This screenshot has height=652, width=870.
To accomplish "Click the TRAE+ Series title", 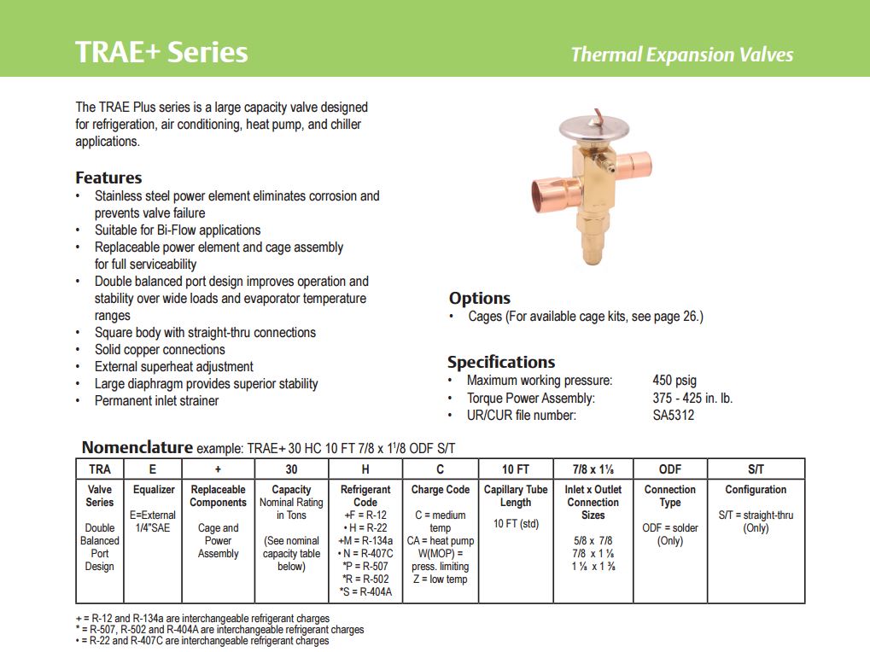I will tap(161, 52).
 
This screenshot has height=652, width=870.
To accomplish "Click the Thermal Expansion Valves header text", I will tap(681, 55).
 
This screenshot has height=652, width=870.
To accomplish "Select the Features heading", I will tap(108, 178).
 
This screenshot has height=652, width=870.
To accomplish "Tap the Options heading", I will tap(479, 298).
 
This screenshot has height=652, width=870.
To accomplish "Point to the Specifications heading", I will tap(500, 362).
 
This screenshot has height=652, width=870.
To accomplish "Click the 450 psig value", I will tap(674, 381).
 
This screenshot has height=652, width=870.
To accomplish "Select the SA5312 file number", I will tap(673, 416).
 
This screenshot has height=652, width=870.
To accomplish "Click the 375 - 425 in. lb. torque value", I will tap(692, 398).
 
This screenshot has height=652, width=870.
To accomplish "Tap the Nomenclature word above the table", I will tap(137, 447).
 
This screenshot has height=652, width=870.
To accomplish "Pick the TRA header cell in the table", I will tap(100, 469).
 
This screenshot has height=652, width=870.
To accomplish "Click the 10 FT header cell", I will tap(515, 469).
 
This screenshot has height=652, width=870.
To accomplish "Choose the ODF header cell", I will tap(670, 469).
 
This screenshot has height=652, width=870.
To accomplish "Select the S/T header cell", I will tap(756, 469).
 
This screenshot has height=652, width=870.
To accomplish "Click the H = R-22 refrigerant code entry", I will tap(365, 527).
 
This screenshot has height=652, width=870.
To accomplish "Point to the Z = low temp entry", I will tap(440, 579).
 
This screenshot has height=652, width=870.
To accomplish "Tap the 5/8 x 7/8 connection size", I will tap(593, 541).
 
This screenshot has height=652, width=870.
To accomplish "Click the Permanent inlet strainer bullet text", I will tap(156, 400).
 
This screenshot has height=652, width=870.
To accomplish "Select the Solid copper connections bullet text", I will tap(160, 349).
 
